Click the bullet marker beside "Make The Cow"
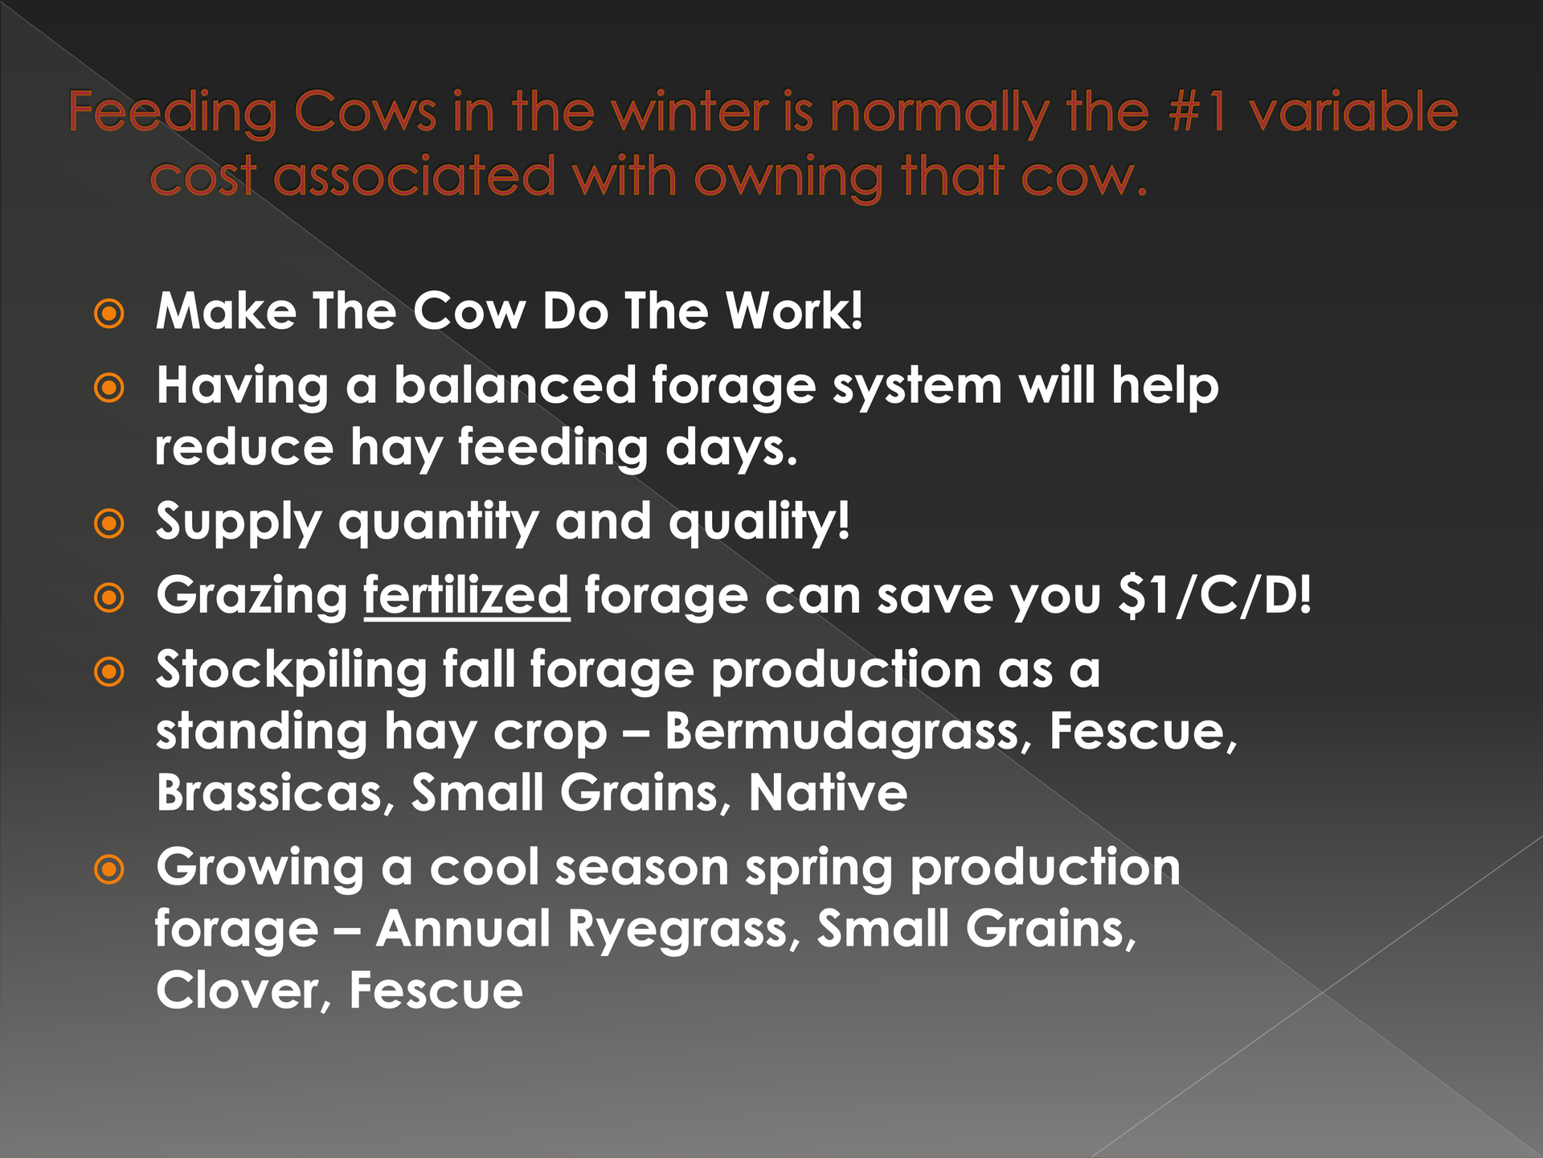(109, 314)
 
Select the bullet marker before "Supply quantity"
(109, 524)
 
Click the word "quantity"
(439, 523)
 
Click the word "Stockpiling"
(291, 671)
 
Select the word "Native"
(828, 793)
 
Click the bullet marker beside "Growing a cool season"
(109, 868)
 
